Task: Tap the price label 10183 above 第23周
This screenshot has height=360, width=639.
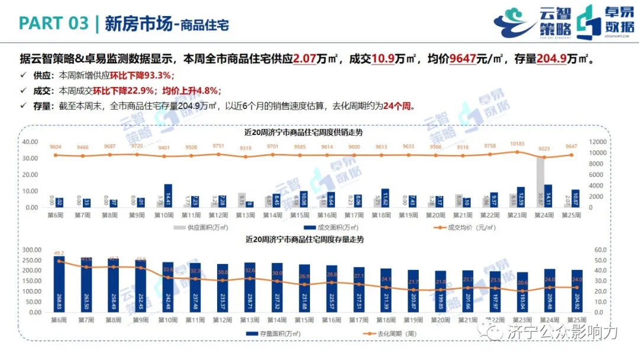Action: pyautogui.click(x=517, y=144)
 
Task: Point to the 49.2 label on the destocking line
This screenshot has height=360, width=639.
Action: pyautogui.click(x=59, y=252)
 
